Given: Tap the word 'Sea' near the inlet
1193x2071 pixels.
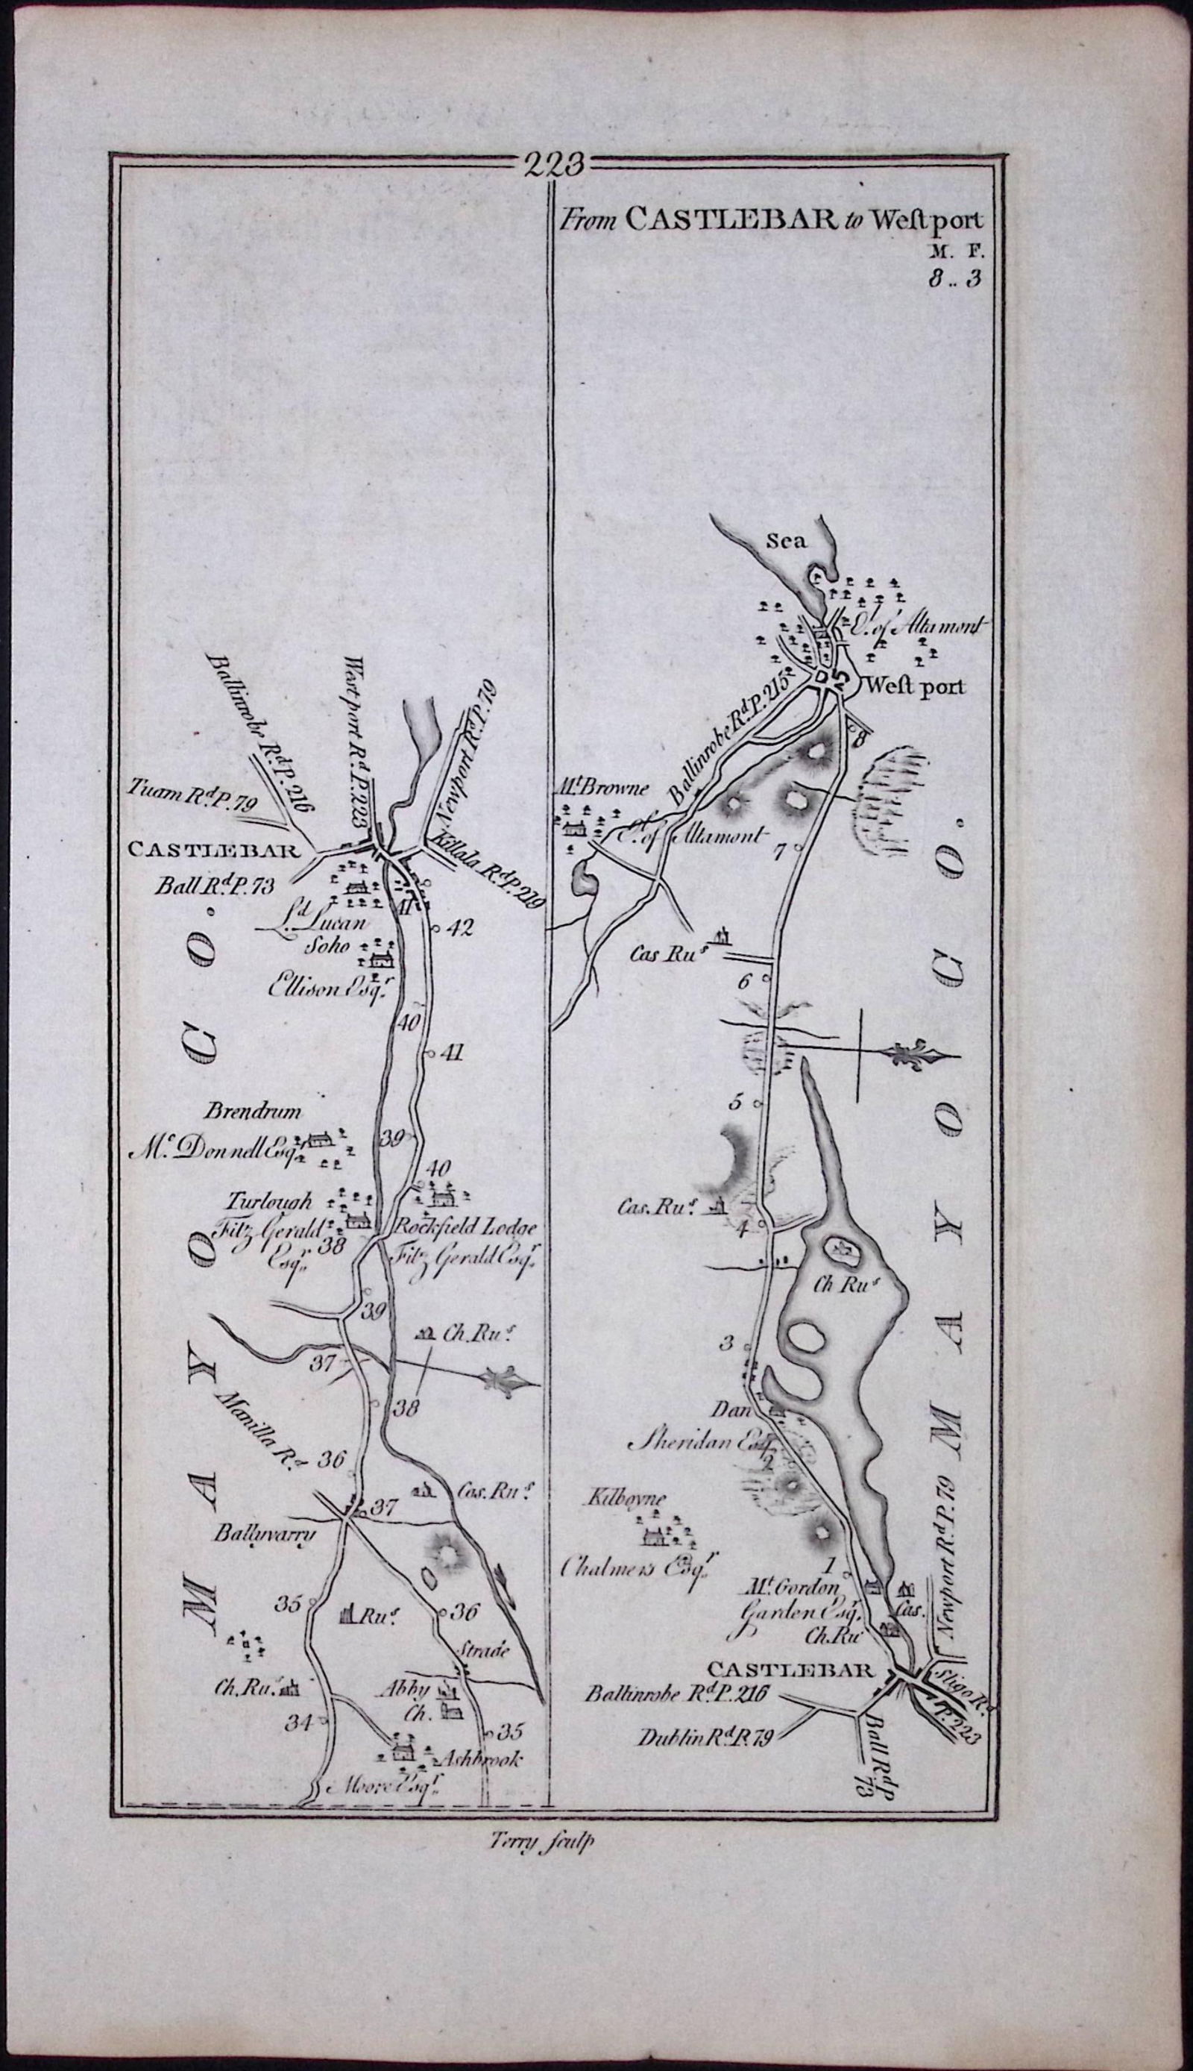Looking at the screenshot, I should point(787,541).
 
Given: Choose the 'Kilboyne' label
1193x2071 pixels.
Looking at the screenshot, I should point(624,1499).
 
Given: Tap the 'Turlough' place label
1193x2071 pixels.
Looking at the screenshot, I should point(270,1203).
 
